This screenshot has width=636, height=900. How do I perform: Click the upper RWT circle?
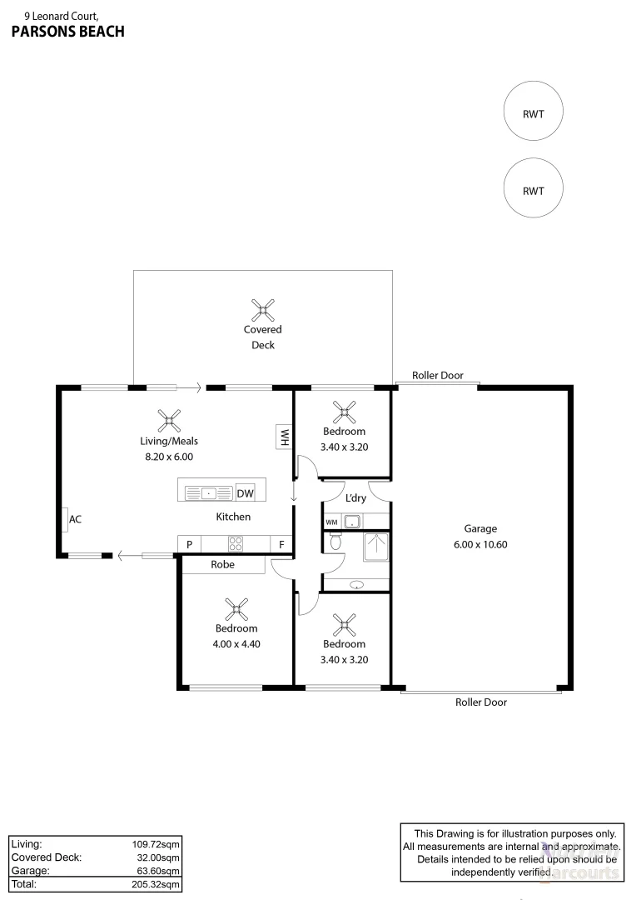click(533, 113)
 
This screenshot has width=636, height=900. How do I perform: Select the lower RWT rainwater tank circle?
click(533, 189)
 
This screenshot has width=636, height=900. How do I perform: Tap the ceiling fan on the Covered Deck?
click(263, 311)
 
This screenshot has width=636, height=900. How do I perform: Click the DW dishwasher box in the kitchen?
click(245, 493)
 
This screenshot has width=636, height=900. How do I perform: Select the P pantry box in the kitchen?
click(189, 545)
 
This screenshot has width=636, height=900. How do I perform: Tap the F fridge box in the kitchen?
click(282, 545)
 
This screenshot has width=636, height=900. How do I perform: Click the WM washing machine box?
click(331, 522)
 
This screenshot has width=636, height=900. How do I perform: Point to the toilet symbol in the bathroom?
click(335, 542)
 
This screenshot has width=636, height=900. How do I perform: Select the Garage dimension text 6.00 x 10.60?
click(480, 544)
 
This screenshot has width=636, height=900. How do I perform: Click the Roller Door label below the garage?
click(480, 702)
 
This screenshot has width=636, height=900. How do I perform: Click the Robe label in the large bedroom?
click(223, 565)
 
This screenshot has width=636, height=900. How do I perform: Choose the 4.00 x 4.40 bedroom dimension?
click(236, 643)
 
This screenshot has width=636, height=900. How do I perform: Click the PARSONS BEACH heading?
click(67, 32)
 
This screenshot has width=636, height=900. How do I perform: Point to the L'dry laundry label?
click(355, 498)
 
